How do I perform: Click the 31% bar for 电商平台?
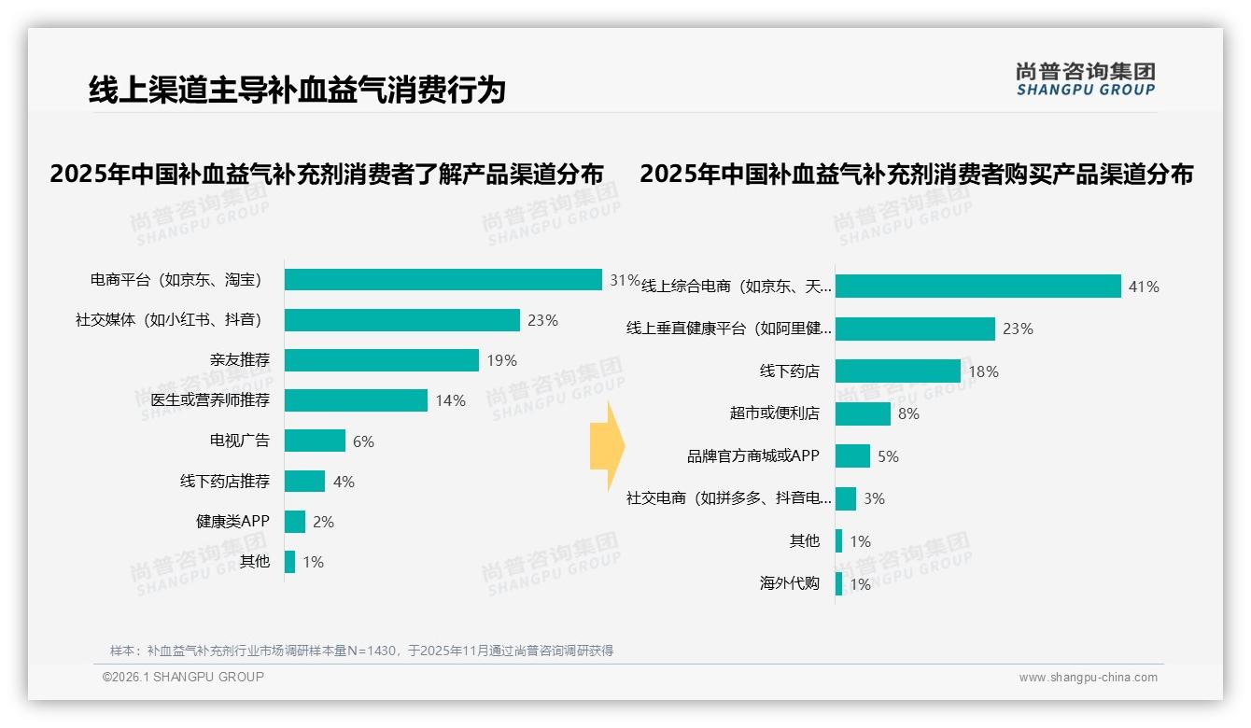pyautogui.click(x=443, y=280)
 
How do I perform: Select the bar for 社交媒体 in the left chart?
pyautogui.click(x=401, y=320)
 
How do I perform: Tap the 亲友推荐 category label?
pyautogui.click(x=239, y=360)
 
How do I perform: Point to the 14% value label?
pyautogui.click(x=450, y=400)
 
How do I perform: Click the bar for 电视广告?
pyautogui.click(x=315, y=441)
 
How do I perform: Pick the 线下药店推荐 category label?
pyautogui.click(x=224, y=482)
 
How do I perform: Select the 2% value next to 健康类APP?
pyautogui.click(x=323, y=522)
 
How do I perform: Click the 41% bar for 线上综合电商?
pyautogui.click(x=977, y=287)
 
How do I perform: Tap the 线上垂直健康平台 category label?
pyautogui.click(x=728, y=329)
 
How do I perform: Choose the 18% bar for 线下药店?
pyautogui.click(x=897, y=371)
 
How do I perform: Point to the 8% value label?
pyautogui.click(x=908, y=413)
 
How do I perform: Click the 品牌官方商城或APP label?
pyautogui.click(x=752, y=456)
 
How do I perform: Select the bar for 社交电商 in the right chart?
pyautogui.click(x=846, y=498)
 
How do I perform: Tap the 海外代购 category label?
pyautogui.click(x=789, y=584)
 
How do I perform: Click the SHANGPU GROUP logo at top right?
pyautogui.click(x=1086, y=79)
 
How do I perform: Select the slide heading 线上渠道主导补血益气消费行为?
pyautogui.click(x=297, y=90)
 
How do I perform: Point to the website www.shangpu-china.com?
pyautogui.click(x=1088, y=678)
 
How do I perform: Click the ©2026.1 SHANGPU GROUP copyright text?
pyautogui.click(x=183, y=677)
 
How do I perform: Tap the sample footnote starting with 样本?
pyautogui.click(x=361, y=651)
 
